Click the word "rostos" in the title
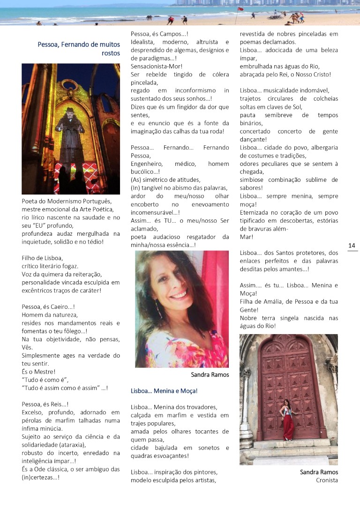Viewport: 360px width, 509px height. tap(111, 53)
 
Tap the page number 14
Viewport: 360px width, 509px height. tap(352, 246)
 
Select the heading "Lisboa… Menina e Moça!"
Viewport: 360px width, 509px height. tap(164, 391)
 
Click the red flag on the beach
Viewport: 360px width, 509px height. tap(240, 9)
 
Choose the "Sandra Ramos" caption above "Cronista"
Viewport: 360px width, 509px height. tap(319, 472)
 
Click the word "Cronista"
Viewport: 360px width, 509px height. tap(327, 480)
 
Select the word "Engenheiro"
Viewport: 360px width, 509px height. tap(146, 164)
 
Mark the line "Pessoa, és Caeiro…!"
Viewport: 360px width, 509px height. tap(49, 307)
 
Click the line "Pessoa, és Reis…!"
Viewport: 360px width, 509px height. tap(45, 404)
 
